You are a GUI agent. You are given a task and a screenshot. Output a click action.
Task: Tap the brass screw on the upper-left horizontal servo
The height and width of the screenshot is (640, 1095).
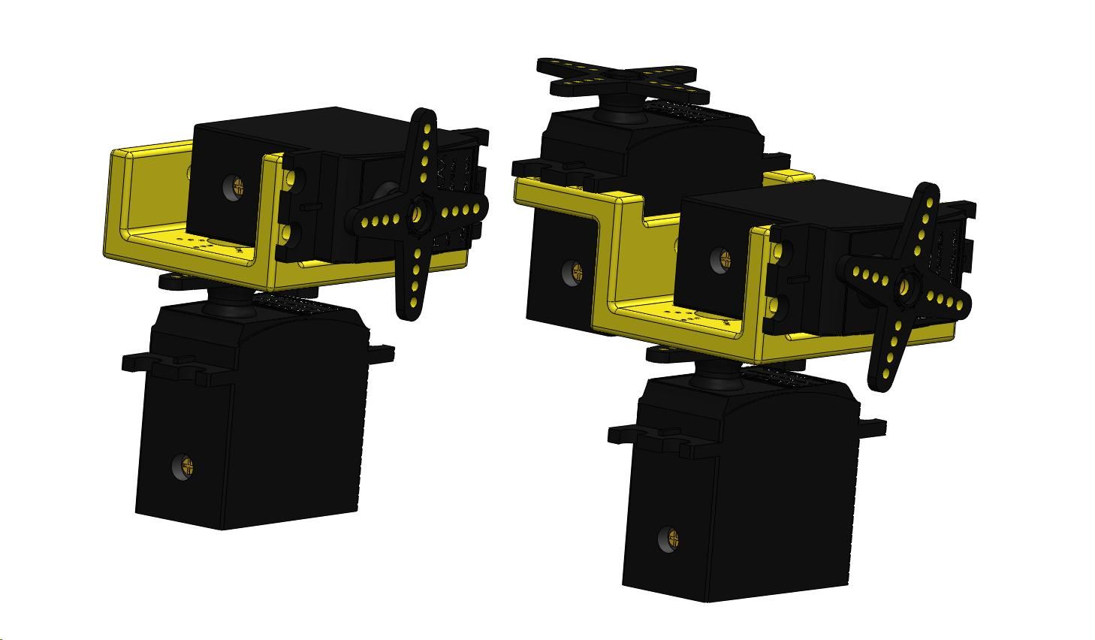pos(238,185)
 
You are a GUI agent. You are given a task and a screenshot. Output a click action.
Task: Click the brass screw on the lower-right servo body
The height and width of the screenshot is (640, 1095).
pos(671,538)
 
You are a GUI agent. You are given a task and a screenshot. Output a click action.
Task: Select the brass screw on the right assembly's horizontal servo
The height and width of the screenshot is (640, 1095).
pos(724,258)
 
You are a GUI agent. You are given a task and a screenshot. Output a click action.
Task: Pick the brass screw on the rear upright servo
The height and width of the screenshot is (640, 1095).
pos(576,270)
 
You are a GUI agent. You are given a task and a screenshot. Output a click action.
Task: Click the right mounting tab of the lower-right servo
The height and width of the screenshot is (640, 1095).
pos(874,427)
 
